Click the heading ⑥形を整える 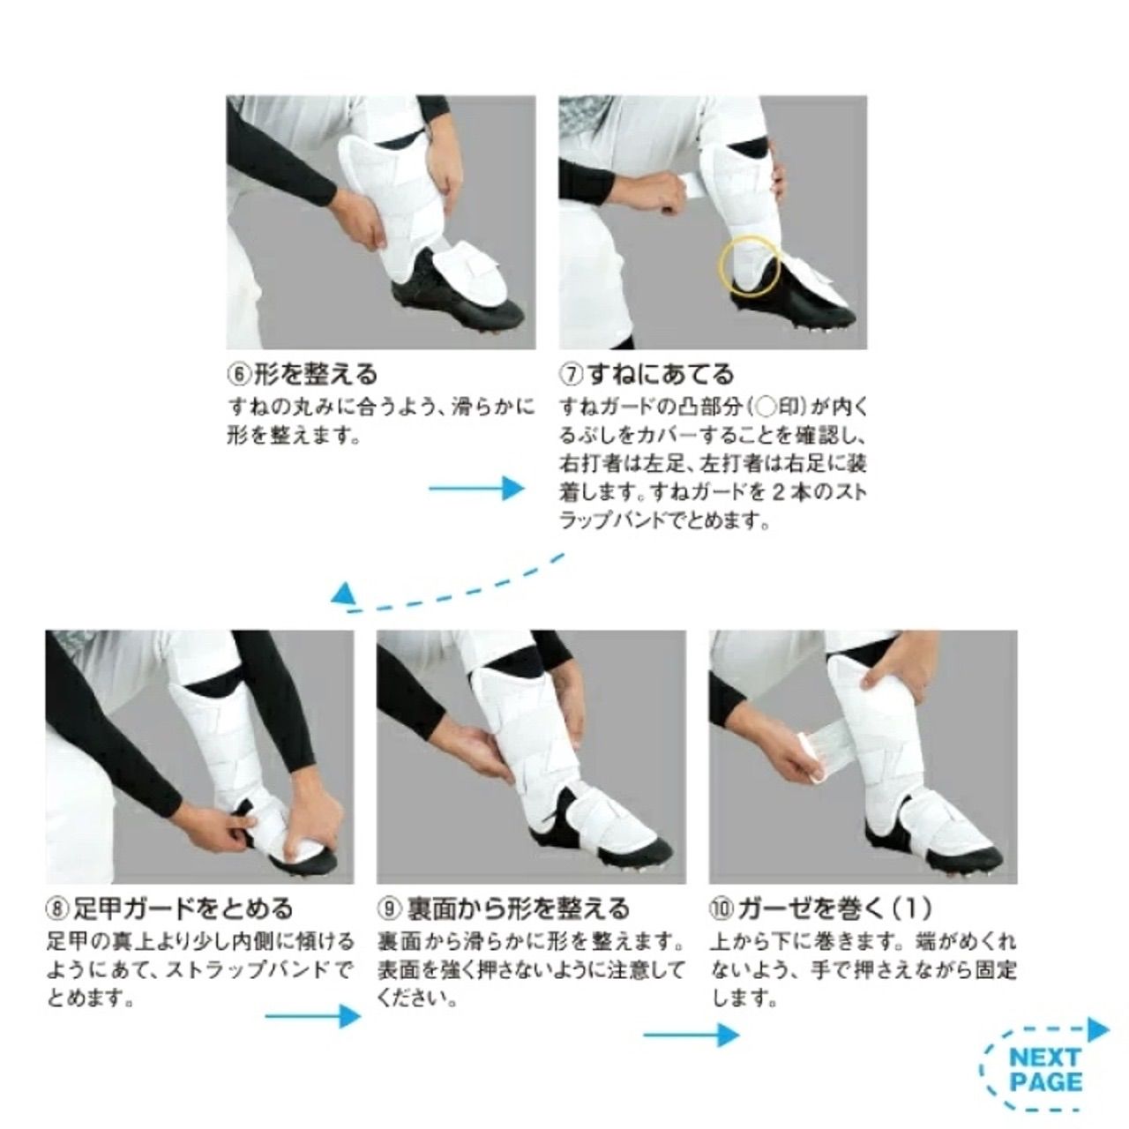click(x=302, y=374)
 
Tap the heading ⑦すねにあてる click(x=647, y=374)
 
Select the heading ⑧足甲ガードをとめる click(x=168, y=908)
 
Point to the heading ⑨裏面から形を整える click(x=504, y=908)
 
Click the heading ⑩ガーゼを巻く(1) click(x=820, y=908)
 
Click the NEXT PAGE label click(x=1045, y=1069)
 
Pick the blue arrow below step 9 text click(x=691, y=1034)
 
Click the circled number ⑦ click(x=570, y=374)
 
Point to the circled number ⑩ click(x=721, y=908)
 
